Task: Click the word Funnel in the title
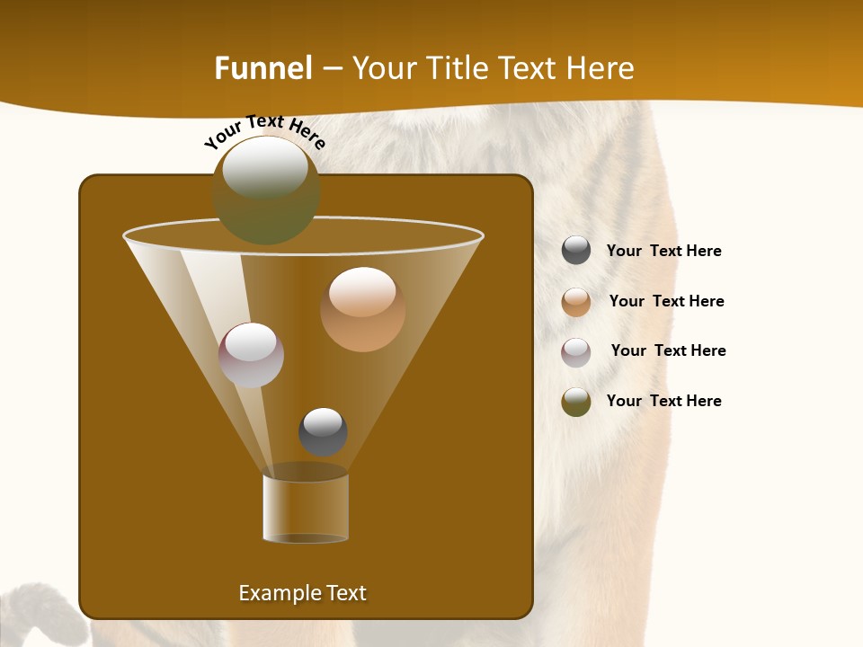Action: tap(263, 68)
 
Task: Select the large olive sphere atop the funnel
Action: tap(265, 191)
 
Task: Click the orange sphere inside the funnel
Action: tap(362, 309)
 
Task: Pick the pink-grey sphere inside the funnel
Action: tap(251, 355)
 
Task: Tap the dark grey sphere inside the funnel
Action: tap(323, 431)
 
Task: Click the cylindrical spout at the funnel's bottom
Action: tap(306, 508)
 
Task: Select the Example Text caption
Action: tap(302, 593)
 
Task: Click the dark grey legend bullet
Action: tap(576, 251)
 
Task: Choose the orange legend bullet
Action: tap(576, 302)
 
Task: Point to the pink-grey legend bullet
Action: tap(576, 352)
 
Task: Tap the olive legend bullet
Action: tap(576, 402)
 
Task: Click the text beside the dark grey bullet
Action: tap(663, 252)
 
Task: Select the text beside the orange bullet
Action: tap(666, 302)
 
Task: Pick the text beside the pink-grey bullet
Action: tap(668, 351)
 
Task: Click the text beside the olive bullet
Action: tap(663, 402)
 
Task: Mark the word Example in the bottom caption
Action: tap(271, 593)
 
